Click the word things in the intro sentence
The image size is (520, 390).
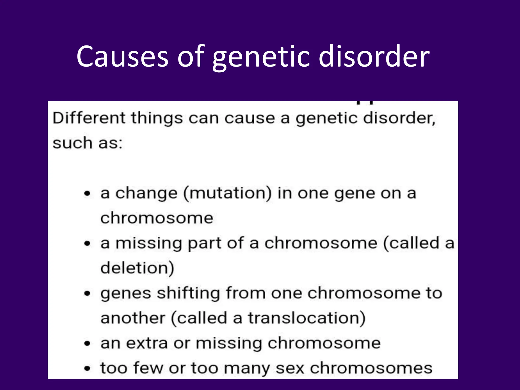157,119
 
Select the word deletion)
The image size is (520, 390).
137,268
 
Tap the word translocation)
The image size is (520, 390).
307,318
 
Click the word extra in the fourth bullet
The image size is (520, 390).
147,343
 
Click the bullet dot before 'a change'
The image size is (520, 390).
87,194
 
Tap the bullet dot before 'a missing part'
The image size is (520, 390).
87,243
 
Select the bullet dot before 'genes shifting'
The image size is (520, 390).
87,294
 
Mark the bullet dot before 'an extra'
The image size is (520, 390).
87,344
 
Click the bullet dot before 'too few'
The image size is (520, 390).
87,368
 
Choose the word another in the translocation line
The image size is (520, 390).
133,318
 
